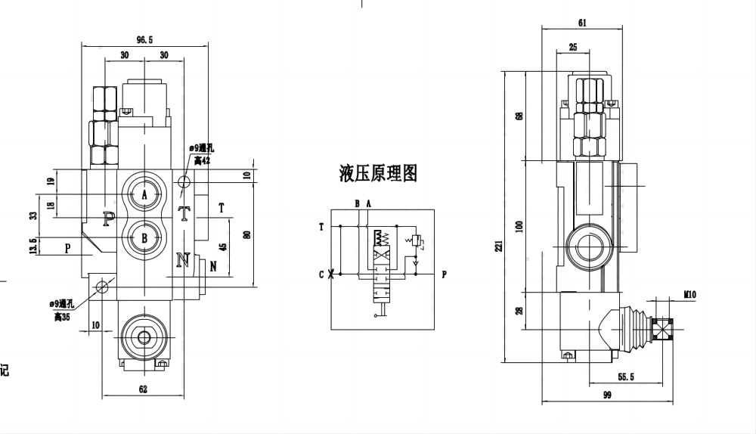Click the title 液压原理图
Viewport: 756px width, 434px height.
[378, 173]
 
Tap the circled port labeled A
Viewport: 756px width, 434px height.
[144, 194]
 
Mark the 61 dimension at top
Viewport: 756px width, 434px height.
[581, 23]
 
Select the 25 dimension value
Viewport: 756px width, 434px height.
[572, 47]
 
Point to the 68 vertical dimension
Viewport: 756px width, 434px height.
[519, 116]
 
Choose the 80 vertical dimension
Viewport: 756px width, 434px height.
[246, 234]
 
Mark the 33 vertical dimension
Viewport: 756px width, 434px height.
[33, 215]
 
